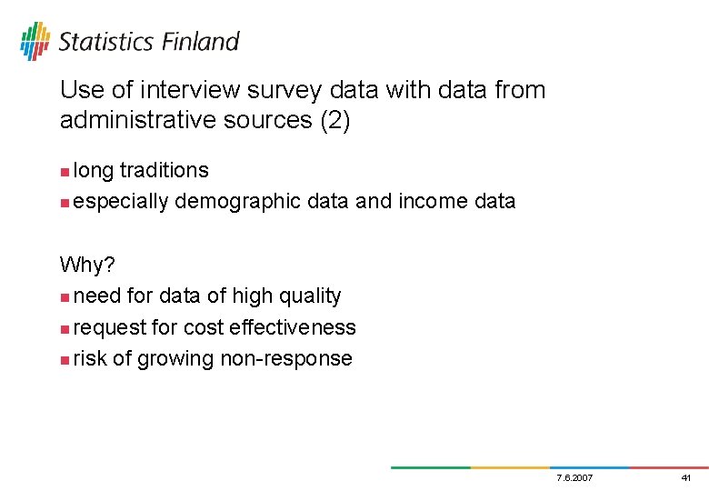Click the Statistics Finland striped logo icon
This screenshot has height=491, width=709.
35,42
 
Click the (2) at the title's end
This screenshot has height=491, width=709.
334,121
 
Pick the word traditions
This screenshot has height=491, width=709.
164,171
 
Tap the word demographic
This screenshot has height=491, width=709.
236,202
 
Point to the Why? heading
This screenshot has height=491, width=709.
86,265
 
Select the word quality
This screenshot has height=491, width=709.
311,296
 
